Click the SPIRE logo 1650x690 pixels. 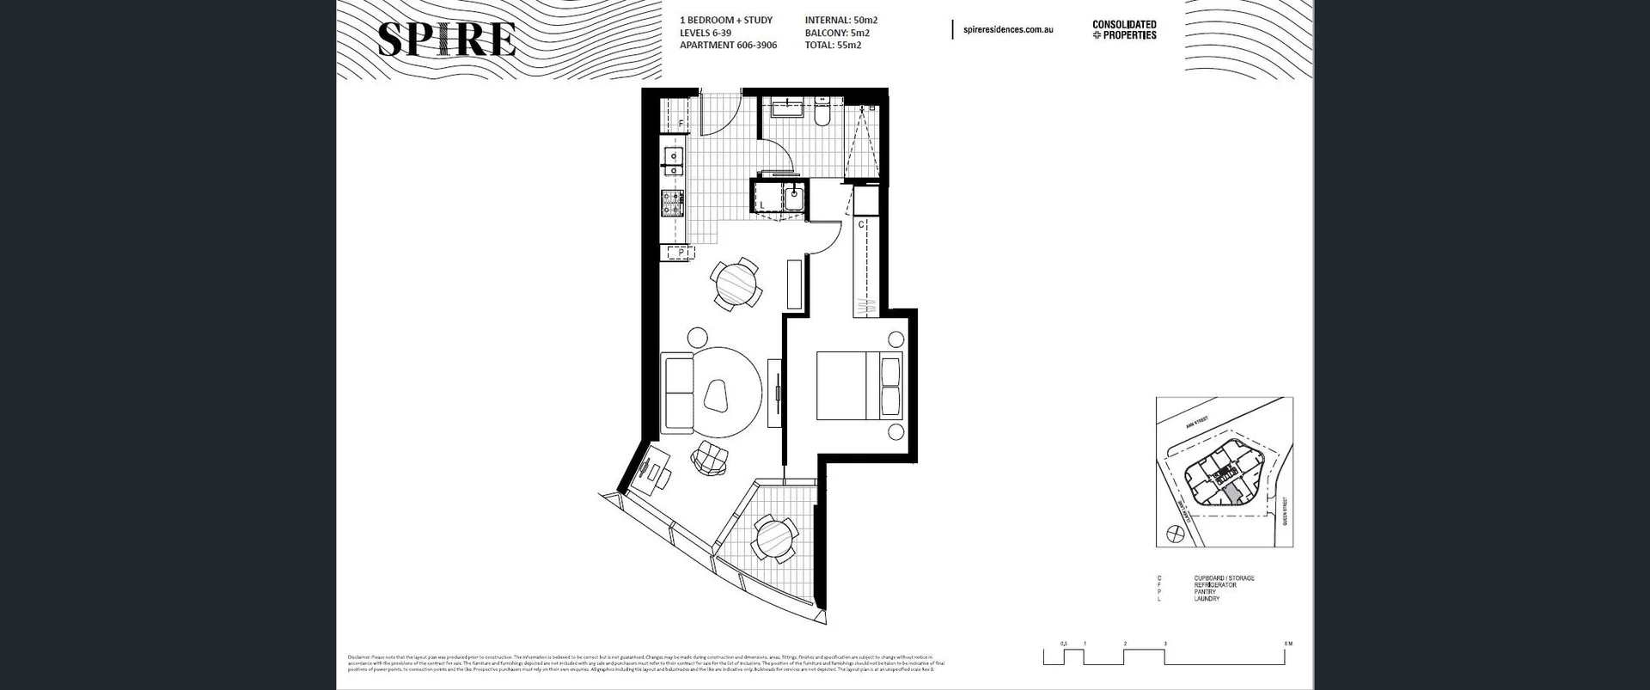coord(447,40)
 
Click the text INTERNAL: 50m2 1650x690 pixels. coord(840,20)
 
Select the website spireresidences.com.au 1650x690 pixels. coord(1008,30)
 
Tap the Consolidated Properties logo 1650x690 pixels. coord(1124,30)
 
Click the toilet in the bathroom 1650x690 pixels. coord(822,114)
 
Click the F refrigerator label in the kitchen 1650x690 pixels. coord(681,125)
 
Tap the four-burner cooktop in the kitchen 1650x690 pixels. coord(673,203)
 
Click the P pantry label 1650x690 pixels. coord(681,253)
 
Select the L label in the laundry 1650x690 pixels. coord(762,205)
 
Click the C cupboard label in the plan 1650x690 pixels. coord(861,224)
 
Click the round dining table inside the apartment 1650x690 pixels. coord(736,282)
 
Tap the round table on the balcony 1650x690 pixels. coord(775,540)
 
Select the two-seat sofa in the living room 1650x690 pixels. coord(679,395)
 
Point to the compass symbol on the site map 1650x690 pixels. coord(1170,534)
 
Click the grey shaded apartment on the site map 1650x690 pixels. coord(1233,492)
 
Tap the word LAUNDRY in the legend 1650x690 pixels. coord(1207,599)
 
